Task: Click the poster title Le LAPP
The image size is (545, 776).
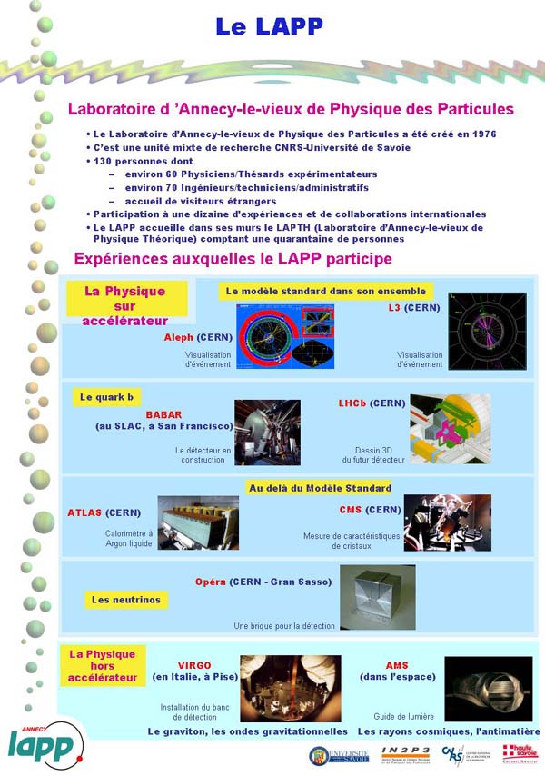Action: [x=269, y=27]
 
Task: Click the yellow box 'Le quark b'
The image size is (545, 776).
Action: [x=100, y=397]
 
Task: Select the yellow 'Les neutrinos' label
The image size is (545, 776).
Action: [x=126, y=600]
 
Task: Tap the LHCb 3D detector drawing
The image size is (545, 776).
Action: [x=450, y=428]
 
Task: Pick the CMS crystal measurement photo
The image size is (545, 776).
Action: [x=447, y=522]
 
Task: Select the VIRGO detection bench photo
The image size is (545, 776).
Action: [x=290, y=688]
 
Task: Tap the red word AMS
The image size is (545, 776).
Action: [x=397, y=665]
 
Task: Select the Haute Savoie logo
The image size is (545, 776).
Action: [x=520, y=753]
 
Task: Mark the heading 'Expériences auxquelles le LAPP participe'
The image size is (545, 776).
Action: [x=233, y=259]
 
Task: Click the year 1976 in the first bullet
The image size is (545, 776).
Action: [x=480, y=134]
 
